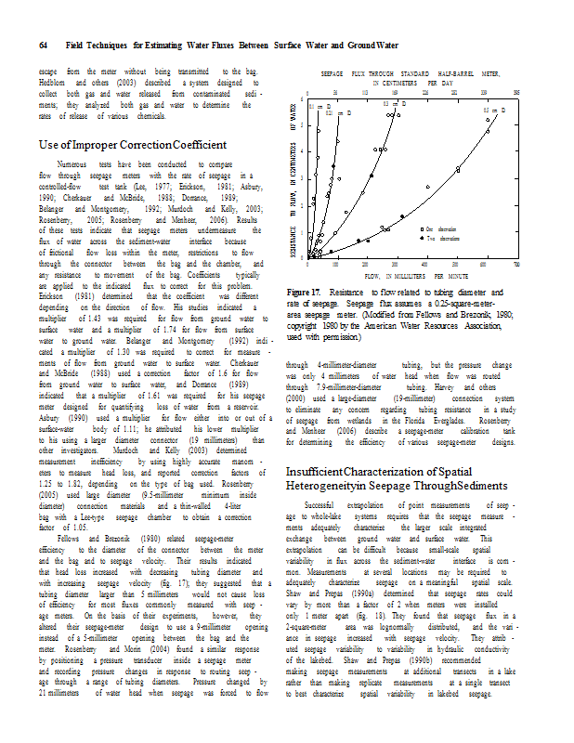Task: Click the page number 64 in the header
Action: pyautogui.click(x=43, y=46)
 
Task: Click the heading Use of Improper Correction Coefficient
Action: pyautogui.click(x=134, y=145)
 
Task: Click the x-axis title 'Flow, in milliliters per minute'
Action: pyautogui.click(x=410, y=277)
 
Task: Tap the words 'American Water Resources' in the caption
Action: pyautogui.click(x=385, y=327)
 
